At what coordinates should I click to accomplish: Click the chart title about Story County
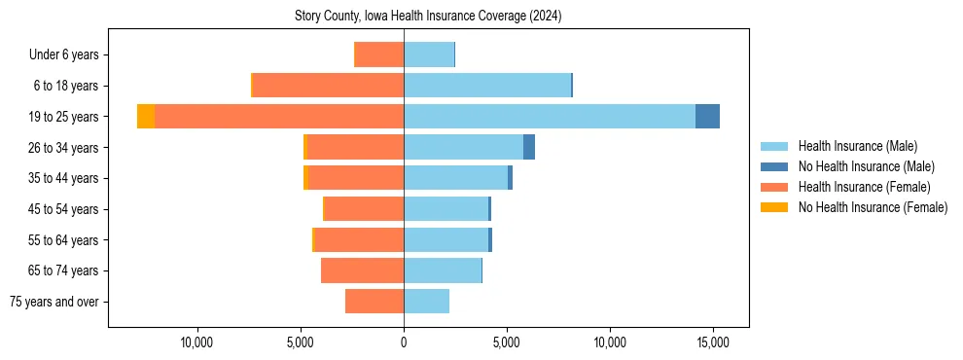pyautogui.click(x=428, y=17)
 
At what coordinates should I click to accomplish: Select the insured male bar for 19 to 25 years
pyautogui.click(x=550, y=117)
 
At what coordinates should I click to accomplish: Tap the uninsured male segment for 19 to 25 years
pyautogui.click(x=707, y=117)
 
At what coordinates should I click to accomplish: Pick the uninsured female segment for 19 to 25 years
pyautogui.click(x=146, y=117)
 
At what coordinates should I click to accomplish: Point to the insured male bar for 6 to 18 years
pyautogui.click(x=487, y=86)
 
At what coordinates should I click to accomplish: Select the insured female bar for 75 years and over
pyautogui.click(x=374, y=302)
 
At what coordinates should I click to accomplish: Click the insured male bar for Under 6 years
pyautogui.click(x=429, y=54)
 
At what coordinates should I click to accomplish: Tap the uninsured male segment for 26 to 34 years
pyautogui.click(x=529, y=147)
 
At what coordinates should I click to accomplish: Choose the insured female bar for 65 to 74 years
pyautogui.click(x=362, y=270)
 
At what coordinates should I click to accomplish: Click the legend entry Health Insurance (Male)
pyautogui.click(x=857, y=146)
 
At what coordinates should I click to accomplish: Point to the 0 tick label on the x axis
pyautogui.click(x=404, y=342)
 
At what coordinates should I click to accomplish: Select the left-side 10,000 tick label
pyautogui.click(x=197, y=342)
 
